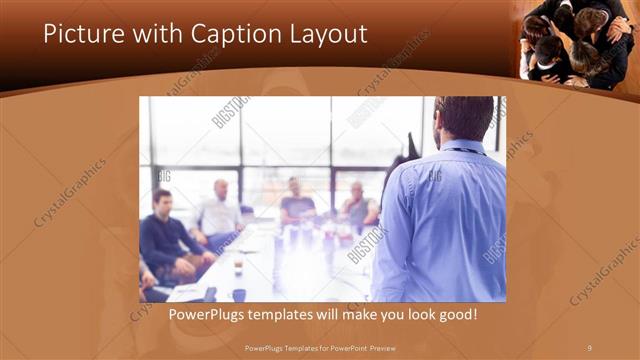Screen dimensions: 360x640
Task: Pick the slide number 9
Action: point(589,347)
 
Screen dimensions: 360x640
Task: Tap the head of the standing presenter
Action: point(464,118)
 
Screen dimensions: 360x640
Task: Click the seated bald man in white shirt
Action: point(220,212)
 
